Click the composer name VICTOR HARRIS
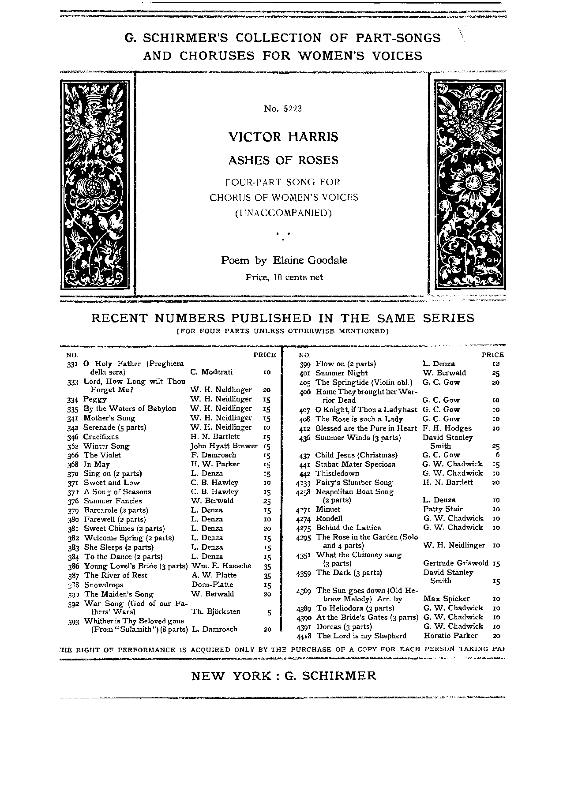pyautogui.click(x=283, y=137)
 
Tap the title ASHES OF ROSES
pyautogui.click(x=283, y=161)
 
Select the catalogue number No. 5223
pyautogui.click(x=283, y=109)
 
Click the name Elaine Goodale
pyautogui.click(x=310, y=260)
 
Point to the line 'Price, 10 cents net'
pyautogui.click(x=284, y=277)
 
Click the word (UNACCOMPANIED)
pyautogui.click(x=283, y=213)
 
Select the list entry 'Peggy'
pyautogui.click(x=95, y=399)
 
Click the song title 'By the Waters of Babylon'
pyautogui.click(x=130, y=409)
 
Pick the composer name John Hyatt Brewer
pyautogui.click(x=224, y=446)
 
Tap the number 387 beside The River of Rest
pyautogui.click(x=73, y=576)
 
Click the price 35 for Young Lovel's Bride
pyautogui.click(x=267, y=566)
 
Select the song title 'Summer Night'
pyautogui.click(x=342, y=373)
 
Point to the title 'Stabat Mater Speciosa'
pyautogui.click(x=355, y=464)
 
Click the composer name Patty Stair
pyautogui.click(x=443, y=509)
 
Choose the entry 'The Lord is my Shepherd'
pyautogui.click(x=361, y=636)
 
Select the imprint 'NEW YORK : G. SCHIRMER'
pyautogui.click(x=284, y=676)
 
